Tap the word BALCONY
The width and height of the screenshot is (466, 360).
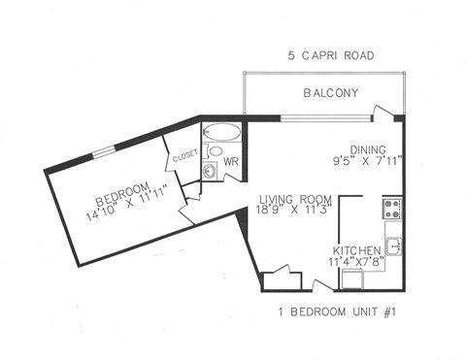pyautogui.click(x=331, y=93)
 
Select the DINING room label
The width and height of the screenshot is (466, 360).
pyautogui.click(x=369, y=149)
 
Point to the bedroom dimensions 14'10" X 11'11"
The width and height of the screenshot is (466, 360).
pyautogui.click(x=124, y=201)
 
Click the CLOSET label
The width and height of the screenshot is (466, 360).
pyautogui.click(x=184, y=156)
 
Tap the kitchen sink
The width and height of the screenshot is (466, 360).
pyautogui.click(x=392, y=243)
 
